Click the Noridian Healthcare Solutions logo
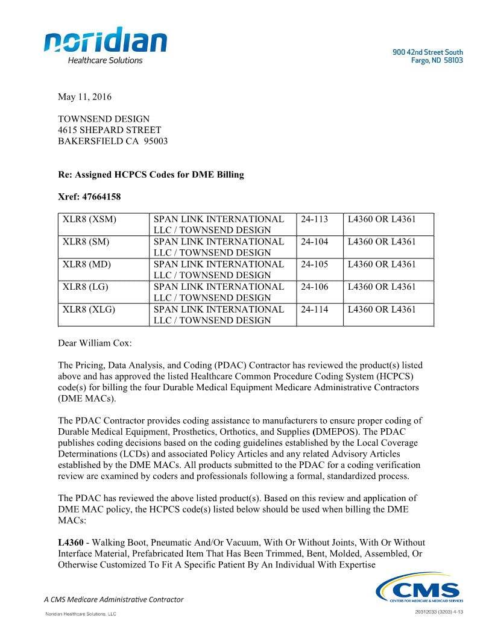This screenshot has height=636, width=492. [105, 45]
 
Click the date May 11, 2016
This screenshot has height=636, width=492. [84, 97]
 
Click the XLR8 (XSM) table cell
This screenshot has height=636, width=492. [89, 219]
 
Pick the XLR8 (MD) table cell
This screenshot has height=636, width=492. [87, 264]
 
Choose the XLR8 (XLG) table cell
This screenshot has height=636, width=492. [89, 310]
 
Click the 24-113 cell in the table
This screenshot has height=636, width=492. [314, 219]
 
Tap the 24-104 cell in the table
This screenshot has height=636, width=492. [314, 242]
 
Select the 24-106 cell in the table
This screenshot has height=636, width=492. [314, 287]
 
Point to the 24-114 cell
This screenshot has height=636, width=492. [314, 310]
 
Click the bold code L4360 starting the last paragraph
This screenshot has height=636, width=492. [71, 543]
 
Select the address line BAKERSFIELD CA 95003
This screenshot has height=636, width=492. [113, 142]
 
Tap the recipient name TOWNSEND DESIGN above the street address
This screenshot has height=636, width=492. [104, 119]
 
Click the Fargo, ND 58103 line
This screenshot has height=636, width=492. [437, 61]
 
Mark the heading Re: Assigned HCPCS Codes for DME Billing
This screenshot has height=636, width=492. [151, 175]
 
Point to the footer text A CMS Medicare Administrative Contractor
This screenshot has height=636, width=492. [114, 599]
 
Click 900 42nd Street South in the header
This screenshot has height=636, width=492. [427, 52]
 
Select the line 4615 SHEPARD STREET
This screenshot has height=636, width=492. [110, 130]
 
